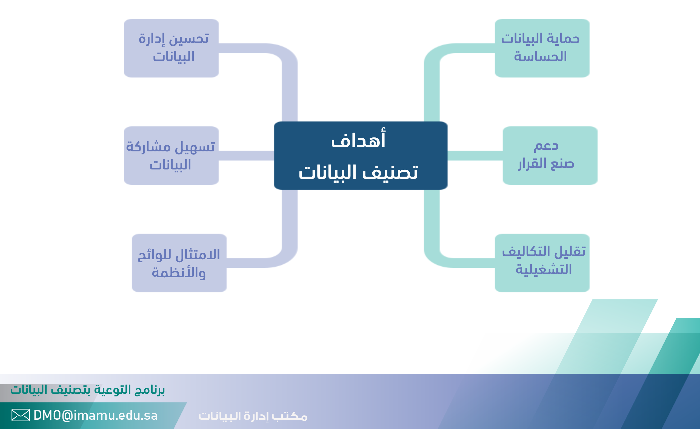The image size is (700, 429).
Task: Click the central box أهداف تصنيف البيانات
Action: click(361, 156)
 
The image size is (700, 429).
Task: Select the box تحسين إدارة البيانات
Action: click(171, 48)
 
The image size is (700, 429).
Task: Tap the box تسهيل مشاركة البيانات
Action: click(171, 156)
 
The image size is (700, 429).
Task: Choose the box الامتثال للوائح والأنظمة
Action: click(179, 263)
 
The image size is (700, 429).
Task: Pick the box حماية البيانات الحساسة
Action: click(542, 48)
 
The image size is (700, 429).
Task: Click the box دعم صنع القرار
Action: click(550, 156)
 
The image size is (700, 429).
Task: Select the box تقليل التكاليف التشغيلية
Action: click(542, 263)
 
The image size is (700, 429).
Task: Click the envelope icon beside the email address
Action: click(21, 415)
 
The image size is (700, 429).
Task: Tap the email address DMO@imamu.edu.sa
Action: click(95, 415)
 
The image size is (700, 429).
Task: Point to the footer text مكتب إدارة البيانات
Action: click(253, 416)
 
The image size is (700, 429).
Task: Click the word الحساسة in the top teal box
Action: click(540, 56)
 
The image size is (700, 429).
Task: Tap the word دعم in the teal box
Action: click(546, 146)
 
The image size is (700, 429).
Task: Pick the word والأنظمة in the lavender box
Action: click(179, 272)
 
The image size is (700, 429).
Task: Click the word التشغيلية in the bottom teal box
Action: click(544, 269)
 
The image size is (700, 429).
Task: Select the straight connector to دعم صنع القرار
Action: click(475, 156)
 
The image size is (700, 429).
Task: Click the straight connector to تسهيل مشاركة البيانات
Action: click(246, 156)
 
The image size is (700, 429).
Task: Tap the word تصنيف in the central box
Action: click(391, 172)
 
